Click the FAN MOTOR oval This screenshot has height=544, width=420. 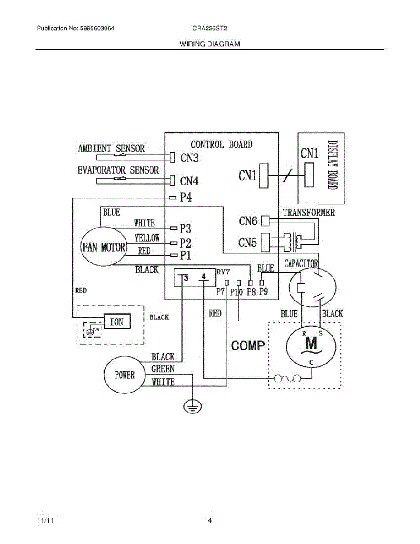tap(104, 248)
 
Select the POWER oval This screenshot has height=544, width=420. tap(125, 375)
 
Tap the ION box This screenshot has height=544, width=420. tap(117, 322)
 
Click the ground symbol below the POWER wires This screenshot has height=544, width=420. tap(193, 407)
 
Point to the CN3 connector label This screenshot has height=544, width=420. tap(189, 158)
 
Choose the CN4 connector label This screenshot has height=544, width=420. tap(189, 182)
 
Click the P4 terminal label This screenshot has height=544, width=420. tap(186, 198)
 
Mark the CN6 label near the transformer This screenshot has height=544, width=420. tap(248, 221)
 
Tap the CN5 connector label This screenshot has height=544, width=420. tap(248, 242)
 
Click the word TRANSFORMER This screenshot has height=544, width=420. tap(309, 212)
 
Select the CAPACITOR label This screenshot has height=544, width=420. tap(301, 263)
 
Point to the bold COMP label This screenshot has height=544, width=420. tap(248, 346)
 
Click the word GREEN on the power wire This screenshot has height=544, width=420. tap(163, 369)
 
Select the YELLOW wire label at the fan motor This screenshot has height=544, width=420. tap(147, 238)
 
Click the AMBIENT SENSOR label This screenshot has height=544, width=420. tap(111, 149)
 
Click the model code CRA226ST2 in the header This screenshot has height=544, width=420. tap(209, 28)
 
